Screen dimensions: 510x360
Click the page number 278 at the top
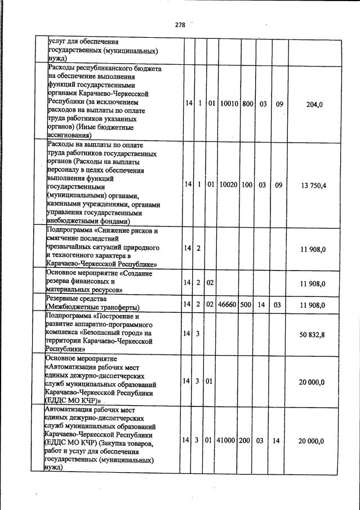click(180, 25)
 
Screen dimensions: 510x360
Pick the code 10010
click(229, 104)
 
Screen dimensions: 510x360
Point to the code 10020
click(229, 185)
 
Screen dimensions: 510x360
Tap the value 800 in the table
click(247, 104)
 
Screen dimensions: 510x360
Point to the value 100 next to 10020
click(247, 185)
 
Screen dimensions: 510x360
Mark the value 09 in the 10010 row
click(278, 104)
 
